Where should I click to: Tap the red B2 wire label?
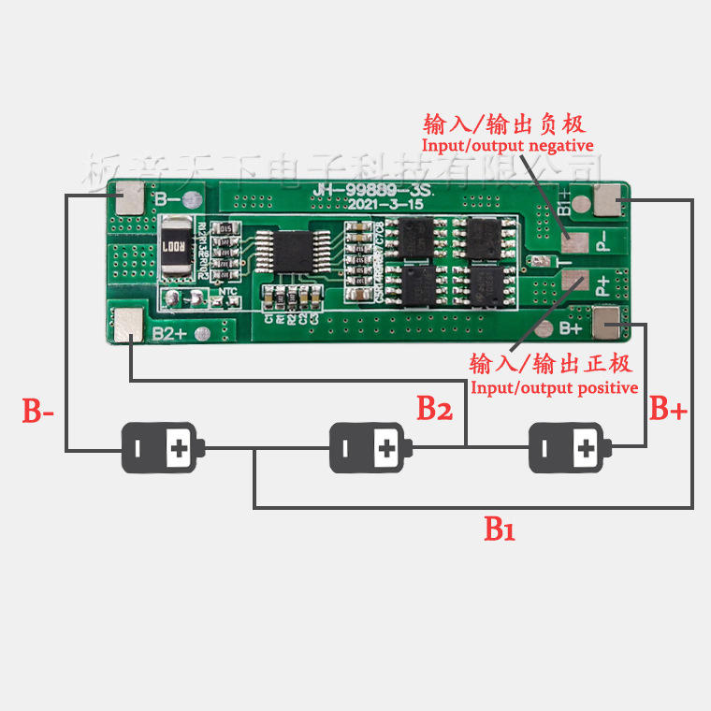435,408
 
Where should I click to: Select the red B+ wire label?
669,409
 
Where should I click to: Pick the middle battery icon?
368,448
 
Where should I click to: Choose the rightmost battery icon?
568,448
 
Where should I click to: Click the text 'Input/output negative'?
507,146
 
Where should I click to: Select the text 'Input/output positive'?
554,387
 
